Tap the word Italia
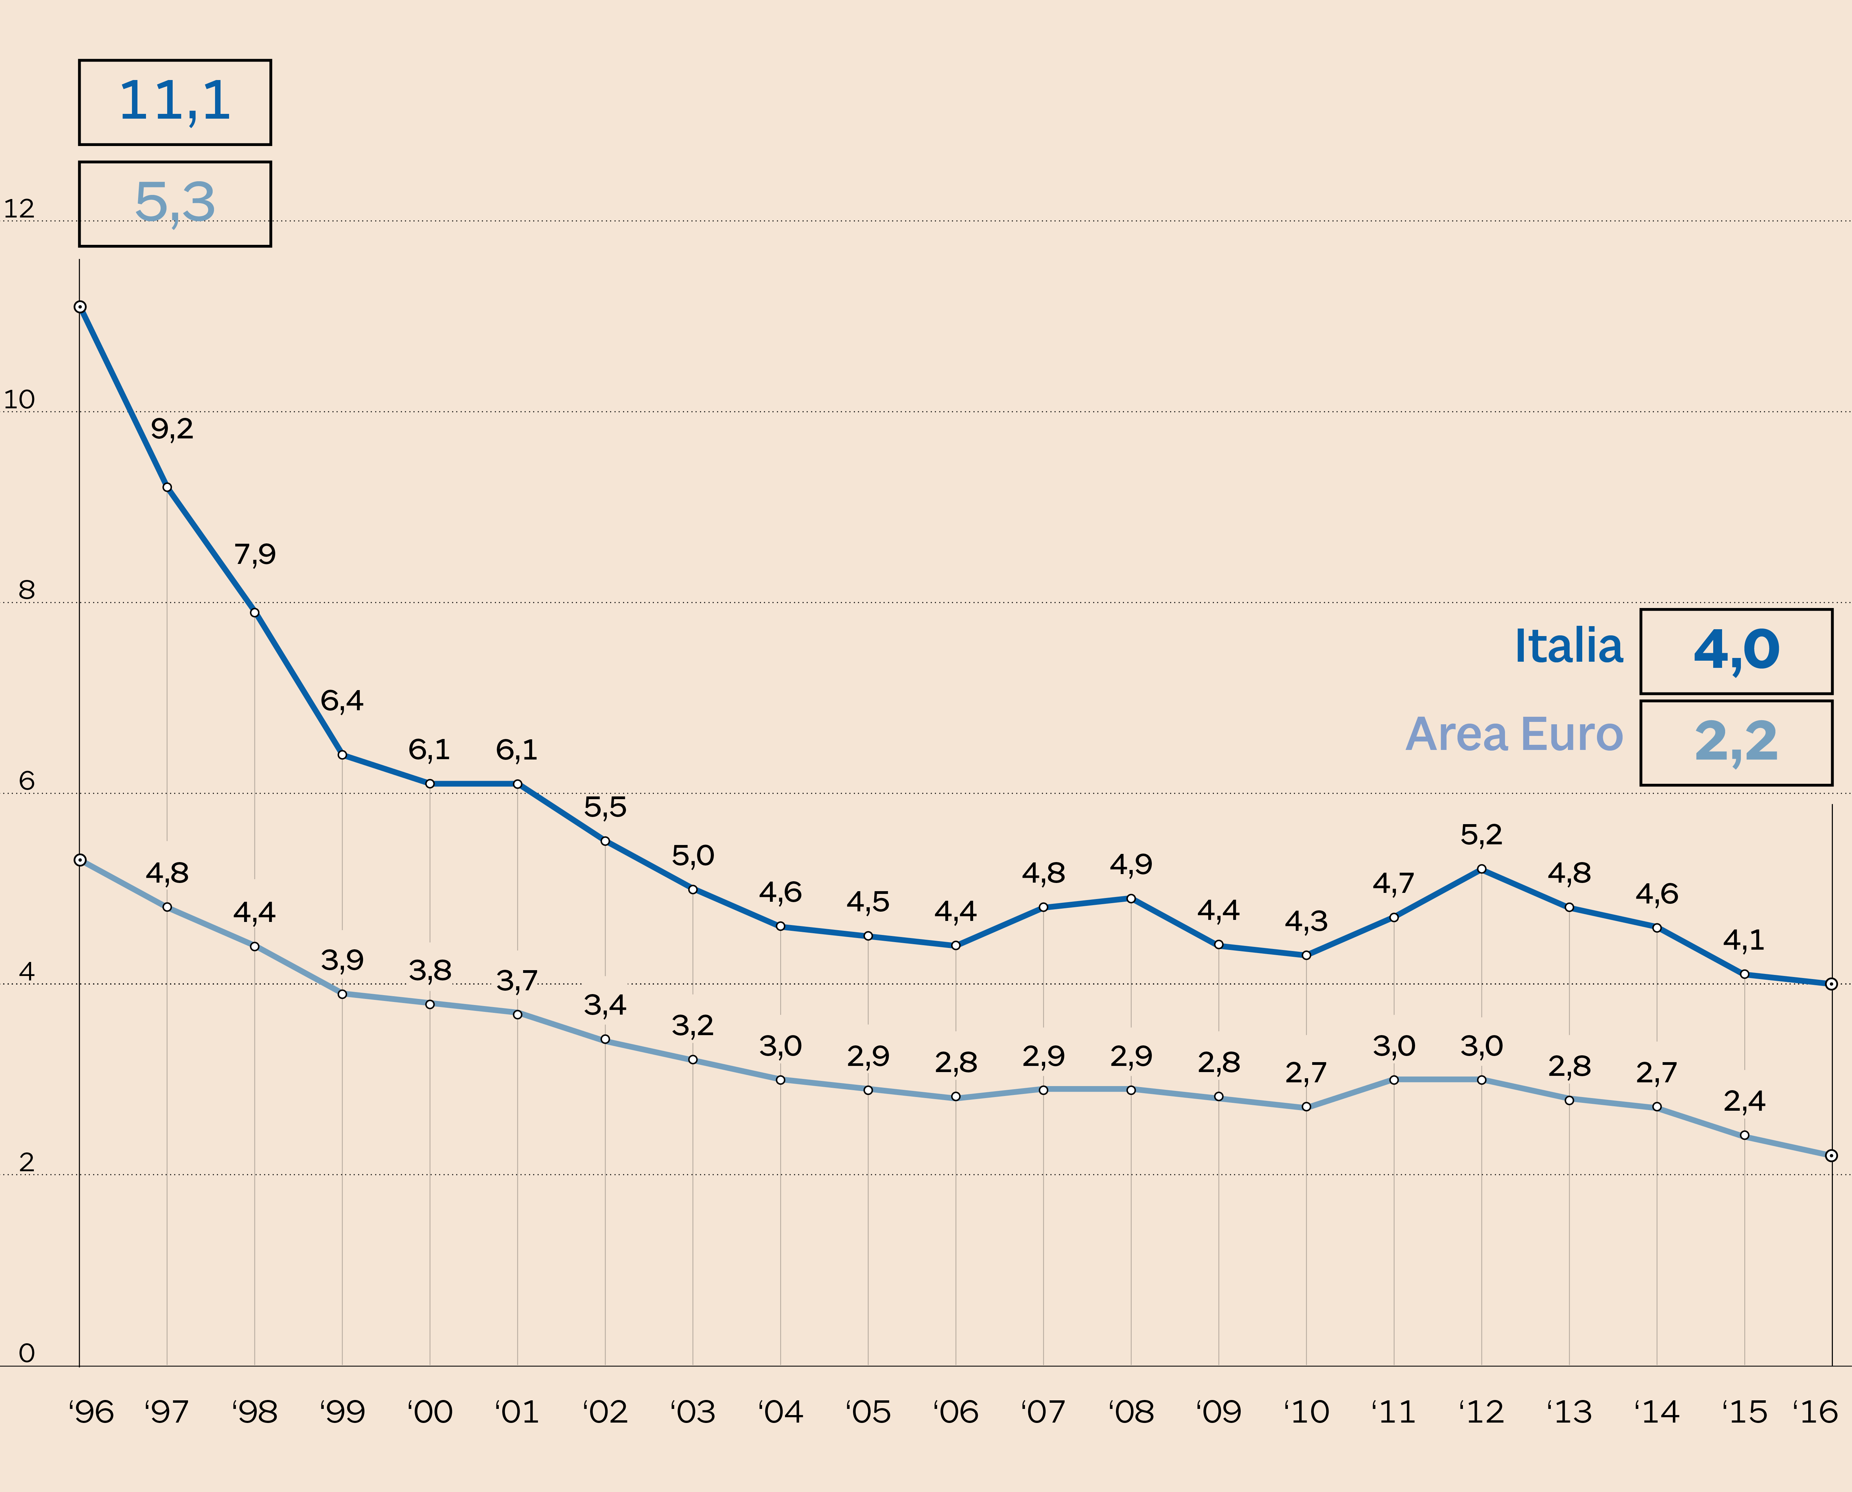click(1568, 646)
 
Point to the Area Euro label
click(1514, 735)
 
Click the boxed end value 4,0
click(1736, 651)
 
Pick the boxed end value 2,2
click(1736, 742)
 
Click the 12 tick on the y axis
click(19, 209)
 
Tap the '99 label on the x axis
click(342, 1412)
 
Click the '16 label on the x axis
click(1815, 1412)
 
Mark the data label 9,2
click(172, 428)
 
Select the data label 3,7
click(517, 981)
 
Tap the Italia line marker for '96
click(80, 307)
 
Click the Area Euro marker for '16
click(1831, 1156)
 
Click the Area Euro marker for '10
click(1306, 1107)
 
